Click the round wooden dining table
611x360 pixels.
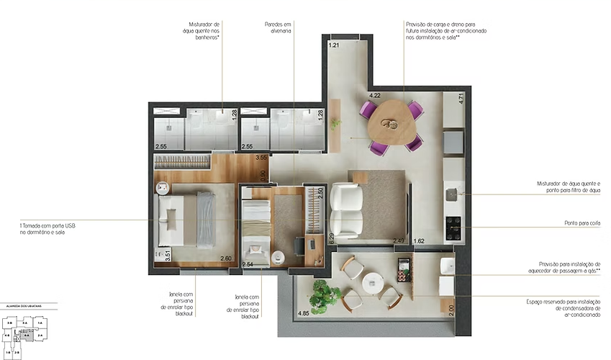(x=393, y=122)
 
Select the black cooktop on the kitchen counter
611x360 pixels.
(x=453, y=228)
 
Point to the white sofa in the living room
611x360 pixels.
(x=345, y=209)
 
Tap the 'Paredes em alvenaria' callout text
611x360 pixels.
(x=278, y=28)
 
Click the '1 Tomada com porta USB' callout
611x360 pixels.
(x=43, y=228)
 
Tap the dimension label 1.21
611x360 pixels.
(x=334, y=45)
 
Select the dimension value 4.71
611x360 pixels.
(x=462, y=99)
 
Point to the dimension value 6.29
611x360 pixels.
(x=332, y=238)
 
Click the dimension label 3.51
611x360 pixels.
(x=168, y=253)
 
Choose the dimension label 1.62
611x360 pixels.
(x=420, y=241)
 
